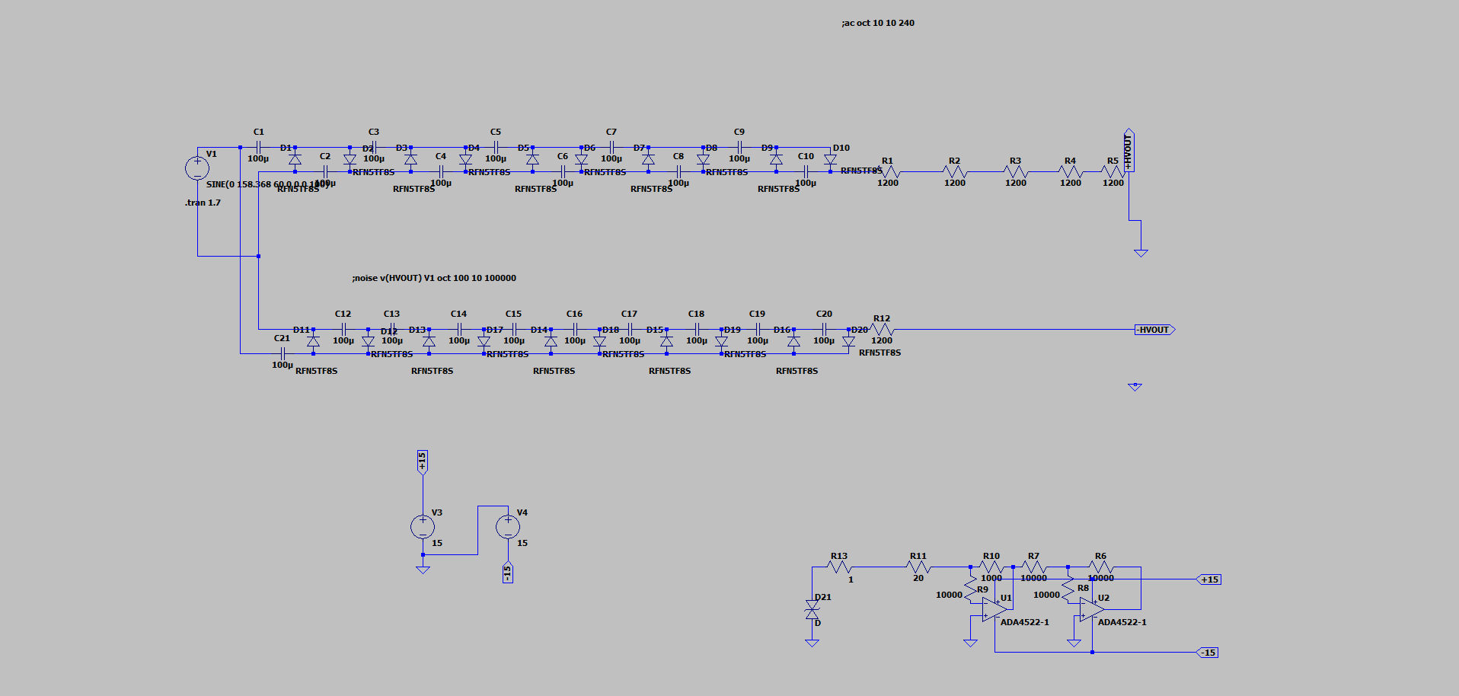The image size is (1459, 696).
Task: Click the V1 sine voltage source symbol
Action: [197, 168]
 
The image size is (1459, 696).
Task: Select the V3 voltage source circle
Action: [423, 526]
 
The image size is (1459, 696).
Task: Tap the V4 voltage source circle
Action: [508, 526]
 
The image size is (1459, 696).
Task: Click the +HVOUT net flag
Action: [1129, 150]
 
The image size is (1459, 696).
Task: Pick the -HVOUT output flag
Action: [1154, 330]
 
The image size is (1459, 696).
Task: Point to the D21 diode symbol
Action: [812, 610]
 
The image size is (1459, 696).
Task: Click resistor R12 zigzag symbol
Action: [881, 330]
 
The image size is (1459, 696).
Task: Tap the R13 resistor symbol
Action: [839, 567]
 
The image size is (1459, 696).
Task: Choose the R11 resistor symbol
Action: [918, 567]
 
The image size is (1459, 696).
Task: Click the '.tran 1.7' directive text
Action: [203, 203]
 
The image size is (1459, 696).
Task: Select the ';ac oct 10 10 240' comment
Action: [877, 23]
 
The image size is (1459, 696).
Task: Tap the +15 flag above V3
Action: [423, 461]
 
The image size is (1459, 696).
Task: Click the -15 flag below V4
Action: [508, 572]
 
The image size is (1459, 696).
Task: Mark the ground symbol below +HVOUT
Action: [1141, 252]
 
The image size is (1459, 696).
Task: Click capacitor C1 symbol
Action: [258, 147]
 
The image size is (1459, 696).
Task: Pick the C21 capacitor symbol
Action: [283, 353]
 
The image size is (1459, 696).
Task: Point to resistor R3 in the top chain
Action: [1016, 172]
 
